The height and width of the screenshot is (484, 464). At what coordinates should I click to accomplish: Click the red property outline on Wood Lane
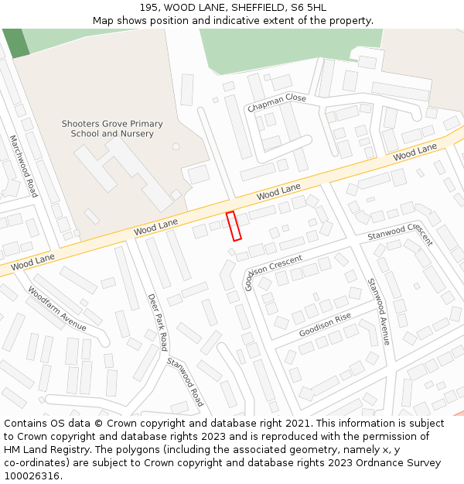coord(234,225)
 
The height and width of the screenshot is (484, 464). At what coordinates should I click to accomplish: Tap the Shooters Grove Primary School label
coord(112,129)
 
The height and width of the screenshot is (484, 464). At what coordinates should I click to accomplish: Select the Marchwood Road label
coord(23,166)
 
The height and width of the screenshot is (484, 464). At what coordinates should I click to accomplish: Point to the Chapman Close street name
coord(277,102)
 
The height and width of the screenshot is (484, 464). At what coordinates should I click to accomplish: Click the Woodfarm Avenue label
coord(57,308)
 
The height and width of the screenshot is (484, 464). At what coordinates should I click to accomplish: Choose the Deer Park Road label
coord(158,321)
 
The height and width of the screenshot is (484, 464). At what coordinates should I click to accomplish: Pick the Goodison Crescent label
coord(273,267)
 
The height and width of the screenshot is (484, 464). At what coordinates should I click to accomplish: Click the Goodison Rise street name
coord(325,324)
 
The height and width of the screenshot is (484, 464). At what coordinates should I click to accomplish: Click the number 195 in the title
coord(150,8)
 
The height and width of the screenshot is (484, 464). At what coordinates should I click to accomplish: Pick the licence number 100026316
coord(32,476)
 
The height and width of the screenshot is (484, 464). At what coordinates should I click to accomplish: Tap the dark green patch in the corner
coord(15,42)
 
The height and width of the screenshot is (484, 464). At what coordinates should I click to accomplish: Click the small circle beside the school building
coord(176,146)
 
